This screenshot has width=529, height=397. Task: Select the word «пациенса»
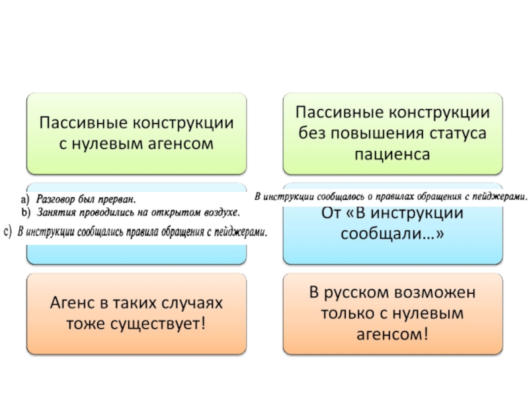point(393,154)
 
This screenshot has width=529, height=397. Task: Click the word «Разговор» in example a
point(56,198)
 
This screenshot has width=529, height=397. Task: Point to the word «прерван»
point(117,198)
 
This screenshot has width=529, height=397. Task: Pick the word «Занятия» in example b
point(56,212)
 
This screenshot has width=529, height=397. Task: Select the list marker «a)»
point(24,198)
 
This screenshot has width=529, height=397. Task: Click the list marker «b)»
point(24,212)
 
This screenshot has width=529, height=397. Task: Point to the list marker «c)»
point(9,232)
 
